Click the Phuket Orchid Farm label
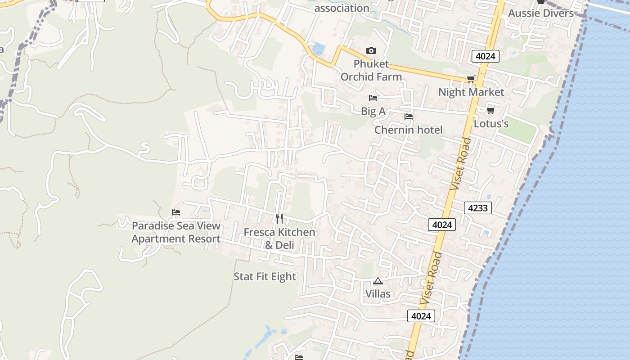371,70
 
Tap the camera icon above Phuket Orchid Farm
371,50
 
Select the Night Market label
471,92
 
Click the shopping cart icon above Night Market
471,79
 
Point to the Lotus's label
491,123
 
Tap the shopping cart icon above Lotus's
490,110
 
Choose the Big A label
373,111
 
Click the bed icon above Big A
373,98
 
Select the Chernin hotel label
409,130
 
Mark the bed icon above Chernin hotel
409,117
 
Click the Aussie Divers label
541,13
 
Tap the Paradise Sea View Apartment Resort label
176,232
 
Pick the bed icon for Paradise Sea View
176,212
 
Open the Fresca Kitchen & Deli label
279,238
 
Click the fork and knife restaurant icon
279,219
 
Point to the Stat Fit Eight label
265,277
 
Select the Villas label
378,294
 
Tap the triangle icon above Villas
378,281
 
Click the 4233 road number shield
478,208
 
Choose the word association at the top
342,8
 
